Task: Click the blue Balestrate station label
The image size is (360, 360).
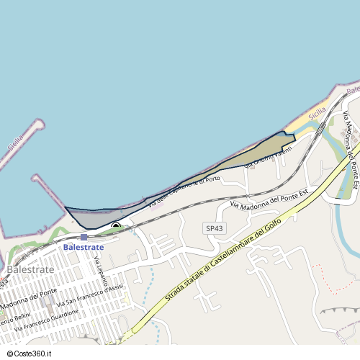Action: click(84, 247)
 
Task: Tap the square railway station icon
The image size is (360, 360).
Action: click(84, 237)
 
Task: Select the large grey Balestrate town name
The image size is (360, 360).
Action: click(30, 269)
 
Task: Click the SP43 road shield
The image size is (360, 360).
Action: click(215, 228)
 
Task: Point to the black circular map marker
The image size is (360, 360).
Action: click(116, 228)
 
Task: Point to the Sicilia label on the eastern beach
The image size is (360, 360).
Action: click(316, 114)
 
